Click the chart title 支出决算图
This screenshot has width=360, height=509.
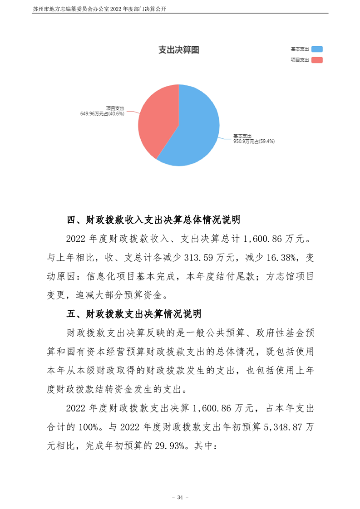tap(178, 50)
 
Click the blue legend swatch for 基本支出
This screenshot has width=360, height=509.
tap(317, 49)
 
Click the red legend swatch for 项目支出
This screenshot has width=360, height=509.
tap(317, 60)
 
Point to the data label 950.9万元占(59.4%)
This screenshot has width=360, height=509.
tap(254, 142)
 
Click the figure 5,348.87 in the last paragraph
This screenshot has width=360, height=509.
tap(278, 427)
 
